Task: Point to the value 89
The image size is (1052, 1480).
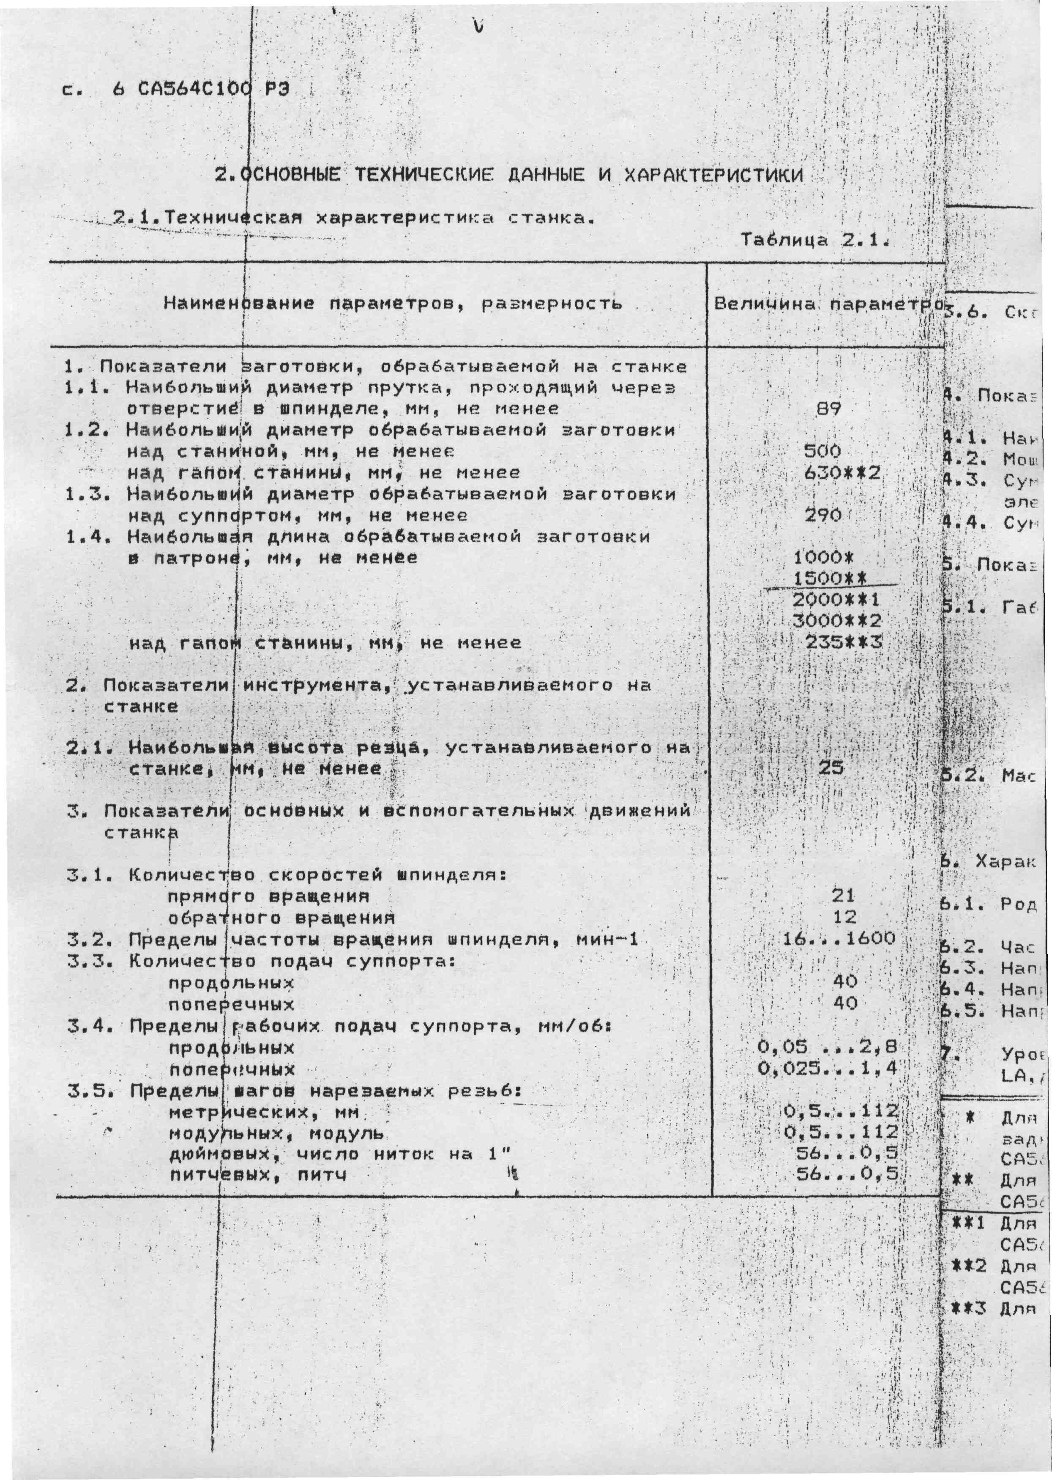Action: click(x=828, y=409)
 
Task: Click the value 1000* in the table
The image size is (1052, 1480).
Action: click(x=824, y=557)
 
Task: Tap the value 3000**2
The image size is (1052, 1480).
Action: click(x=837, y=621)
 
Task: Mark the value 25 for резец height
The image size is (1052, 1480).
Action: click(x=831, y=768)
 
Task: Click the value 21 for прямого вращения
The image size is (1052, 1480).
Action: click(x=843, y=896)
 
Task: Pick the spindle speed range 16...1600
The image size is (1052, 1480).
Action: click(x=839, y=938)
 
